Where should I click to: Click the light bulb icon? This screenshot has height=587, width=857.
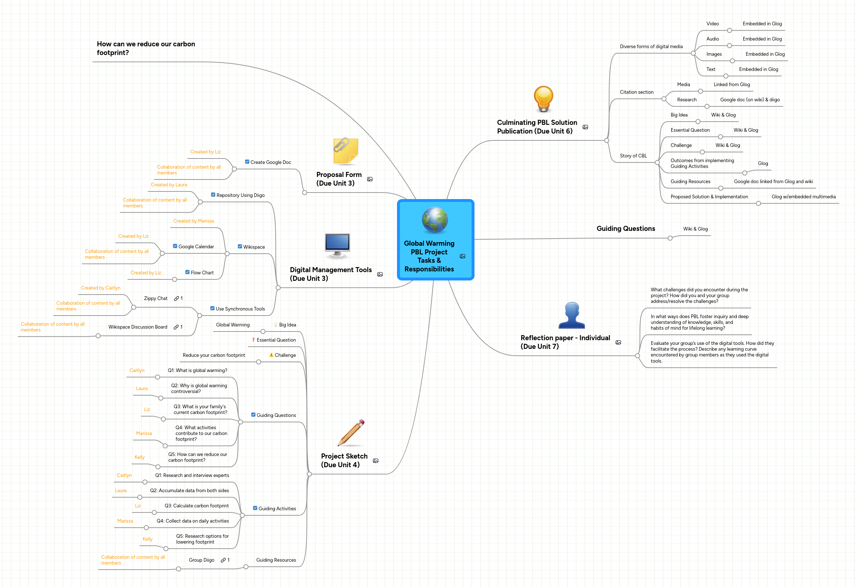[x=543, y=99]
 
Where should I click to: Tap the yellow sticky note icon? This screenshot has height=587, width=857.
[x=345, y=151]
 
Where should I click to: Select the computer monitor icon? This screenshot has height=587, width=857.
[x=337, y=245]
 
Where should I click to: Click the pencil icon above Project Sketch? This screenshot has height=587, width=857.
[x=351, y=433]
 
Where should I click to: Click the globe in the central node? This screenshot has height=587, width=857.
[x=435, y=220]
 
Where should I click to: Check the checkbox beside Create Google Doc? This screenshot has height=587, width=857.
[x=247, y=162]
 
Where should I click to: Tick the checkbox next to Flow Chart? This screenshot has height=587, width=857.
[x=187, y=272]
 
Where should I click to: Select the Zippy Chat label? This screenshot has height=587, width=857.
[x=156, y=299]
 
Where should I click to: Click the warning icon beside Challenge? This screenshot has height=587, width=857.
[x=271, y=355]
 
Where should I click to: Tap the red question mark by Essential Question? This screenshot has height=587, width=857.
[x=253, y=340]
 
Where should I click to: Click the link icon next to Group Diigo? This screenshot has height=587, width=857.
[x=223, y=561]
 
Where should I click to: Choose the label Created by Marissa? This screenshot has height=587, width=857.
[x=193, y=221]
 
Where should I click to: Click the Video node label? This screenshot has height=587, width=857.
[x=712, y=24]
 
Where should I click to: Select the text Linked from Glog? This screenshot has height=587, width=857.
[x=732, y=85]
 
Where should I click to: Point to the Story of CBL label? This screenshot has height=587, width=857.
[x=633, y=156]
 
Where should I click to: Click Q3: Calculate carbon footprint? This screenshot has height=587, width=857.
[x=197, y=506]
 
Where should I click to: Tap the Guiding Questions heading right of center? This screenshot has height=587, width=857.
[x=626, y=229]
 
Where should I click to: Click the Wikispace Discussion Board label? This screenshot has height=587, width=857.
[x=138, y=327]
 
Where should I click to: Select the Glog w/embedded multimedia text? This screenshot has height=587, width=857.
[x=803, y=197]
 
